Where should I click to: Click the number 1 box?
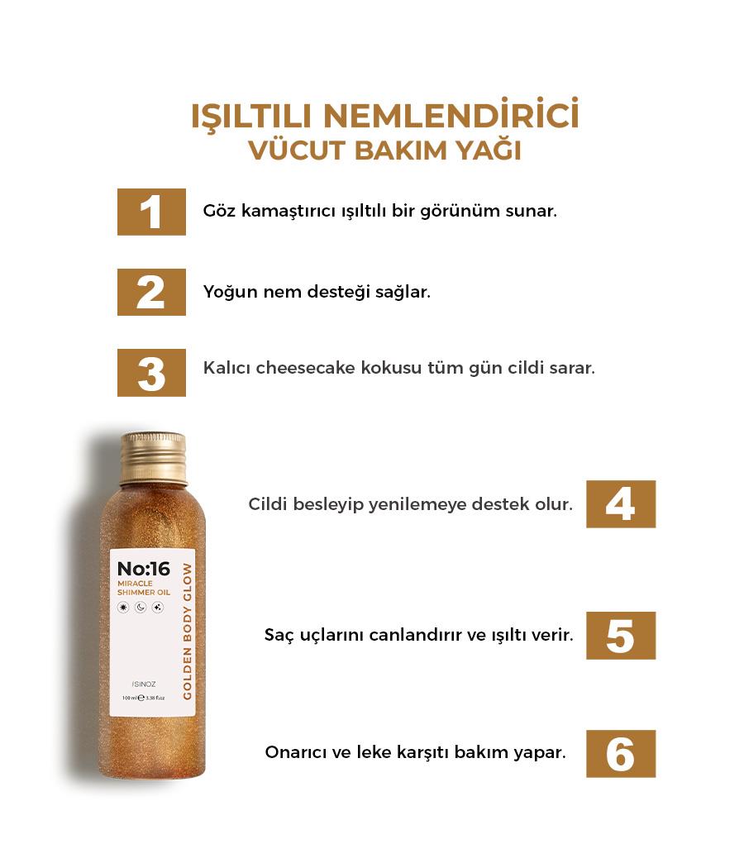[x=151, y=212]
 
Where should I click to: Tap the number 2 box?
[x=151, y=292]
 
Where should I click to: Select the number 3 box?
[x=151, y=373]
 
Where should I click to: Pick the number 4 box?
[x=621, y=503]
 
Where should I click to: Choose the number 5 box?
[x=621, y=636]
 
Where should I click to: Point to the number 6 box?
[x=621, y=754]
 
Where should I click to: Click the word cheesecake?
[x=305, y=368]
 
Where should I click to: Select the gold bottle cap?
[x=153, y=457]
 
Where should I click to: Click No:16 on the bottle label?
[x=144, y=569]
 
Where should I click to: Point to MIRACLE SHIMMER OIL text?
[x=144, y=588]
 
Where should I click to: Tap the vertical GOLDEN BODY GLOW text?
[x=187, y=631]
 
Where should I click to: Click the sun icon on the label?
[x=123, y=608]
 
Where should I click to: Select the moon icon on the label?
[x=141, y=608]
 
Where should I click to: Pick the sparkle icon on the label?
[x=158, y=608]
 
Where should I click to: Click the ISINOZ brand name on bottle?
[x=144, y=684]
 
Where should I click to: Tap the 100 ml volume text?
[x=130, y=698]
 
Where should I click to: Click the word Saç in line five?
[x=279, y=635]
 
